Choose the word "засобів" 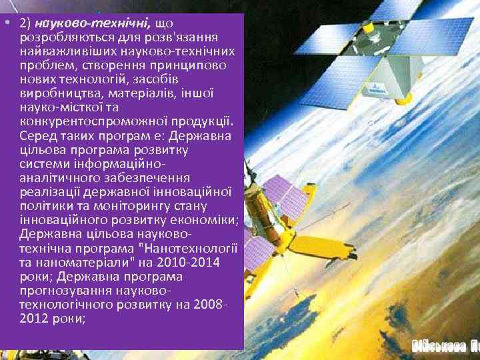click(x=177, y=79)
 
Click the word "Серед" click(x=37, y=136)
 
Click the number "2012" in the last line click(x=35, y=319)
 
